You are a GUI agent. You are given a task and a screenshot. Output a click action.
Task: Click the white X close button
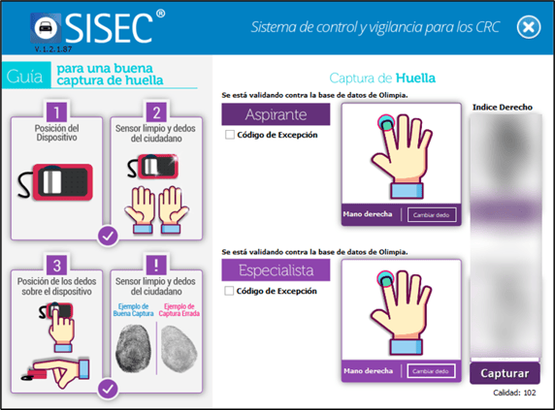click(528, 26)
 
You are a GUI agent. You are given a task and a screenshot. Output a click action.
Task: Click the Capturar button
click(505, 373)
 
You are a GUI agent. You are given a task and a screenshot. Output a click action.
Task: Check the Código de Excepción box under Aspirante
click(229, 135)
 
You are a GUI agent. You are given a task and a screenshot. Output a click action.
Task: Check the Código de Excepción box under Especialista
click(229, 290)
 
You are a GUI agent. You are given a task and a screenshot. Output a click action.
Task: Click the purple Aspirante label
click(277, 115)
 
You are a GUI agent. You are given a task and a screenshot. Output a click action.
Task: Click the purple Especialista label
click(277, 269)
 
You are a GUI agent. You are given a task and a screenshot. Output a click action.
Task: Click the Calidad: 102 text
click(514, 394)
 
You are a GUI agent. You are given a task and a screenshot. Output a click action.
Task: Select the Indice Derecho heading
click(503, 107)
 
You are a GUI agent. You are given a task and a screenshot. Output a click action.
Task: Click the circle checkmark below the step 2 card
click(109, 234)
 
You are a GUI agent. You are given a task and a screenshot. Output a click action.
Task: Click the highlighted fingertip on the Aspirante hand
click(384, 122)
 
